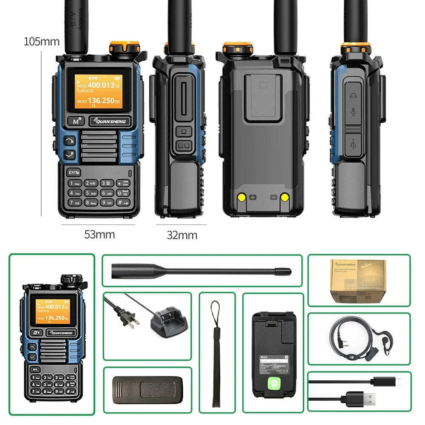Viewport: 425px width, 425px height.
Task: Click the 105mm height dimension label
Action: click(41, 42)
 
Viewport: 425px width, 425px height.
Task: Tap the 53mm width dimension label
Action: click(99, 234)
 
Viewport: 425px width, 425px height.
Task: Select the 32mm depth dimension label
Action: click(181, 235)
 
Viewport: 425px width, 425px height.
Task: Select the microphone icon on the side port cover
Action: click(353, 113)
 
